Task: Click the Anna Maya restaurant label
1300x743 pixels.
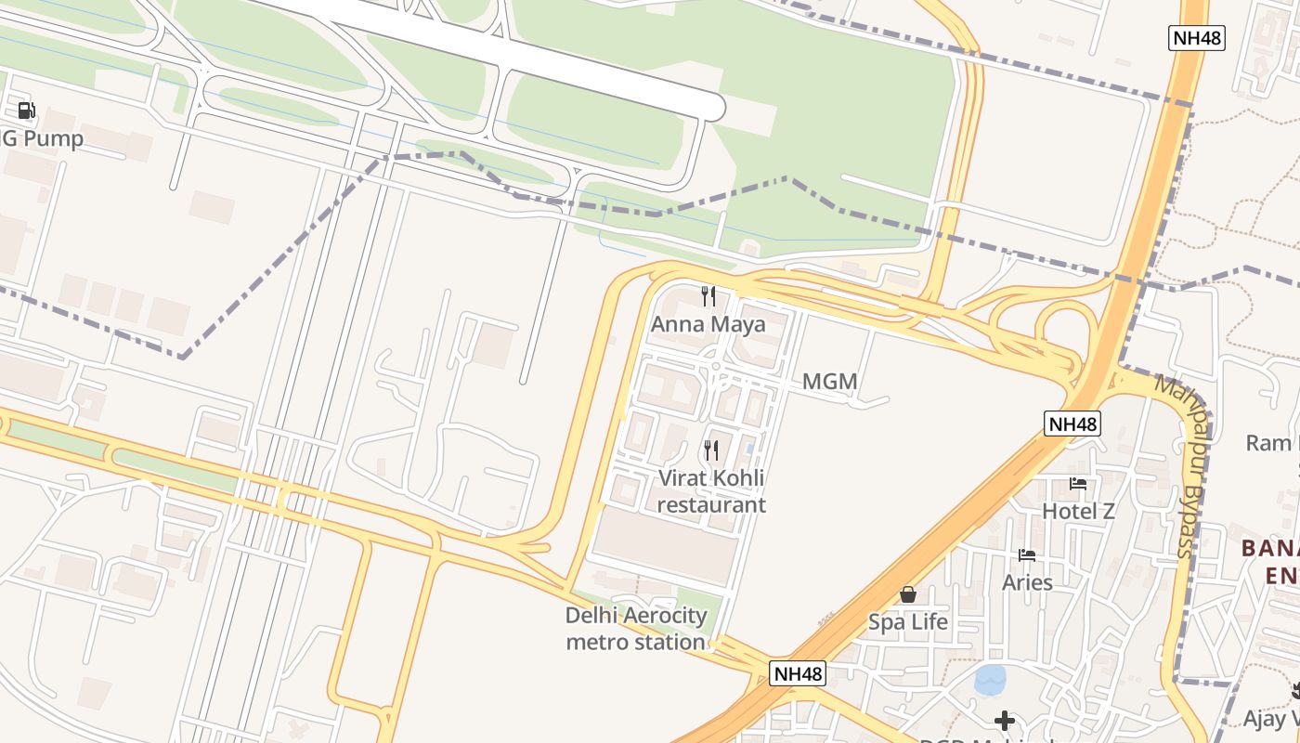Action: (708, 324)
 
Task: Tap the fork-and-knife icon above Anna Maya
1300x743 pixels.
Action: (708, 296)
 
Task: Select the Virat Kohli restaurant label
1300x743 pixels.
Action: (712, 491)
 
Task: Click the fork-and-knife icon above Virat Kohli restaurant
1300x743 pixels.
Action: (711, 451)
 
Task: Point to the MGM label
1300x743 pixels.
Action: (829, 382)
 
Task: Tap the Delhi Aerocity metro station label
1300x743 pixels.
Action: (636, 629)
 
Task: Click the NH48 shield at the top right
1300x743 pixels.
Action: (1196, 38)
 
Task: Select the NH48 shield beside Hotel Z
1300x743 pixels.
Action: (1072, 424)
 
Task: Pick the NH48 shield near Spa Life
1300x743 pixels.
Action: (798, 673)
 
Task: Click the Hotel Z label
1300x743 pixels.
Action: (1078, 511)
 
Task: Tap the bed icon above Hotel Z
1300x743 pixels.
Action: (1078, 484)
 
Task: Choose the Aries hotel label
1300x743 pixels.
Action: (1027, 582)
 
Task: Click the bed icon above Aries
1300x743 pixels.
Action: (1027, 555)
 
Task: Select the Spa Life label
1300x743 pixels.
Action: (908, 621)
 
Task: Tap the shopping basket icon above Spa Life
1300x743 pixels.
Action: (908, 594)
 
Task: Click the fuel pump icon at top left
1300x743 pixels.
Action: (26, 111)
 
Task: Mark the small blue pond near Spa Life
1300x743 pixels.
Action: (990, 680)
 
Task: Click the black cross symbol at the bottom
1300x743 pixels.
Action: (1004, 720)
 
